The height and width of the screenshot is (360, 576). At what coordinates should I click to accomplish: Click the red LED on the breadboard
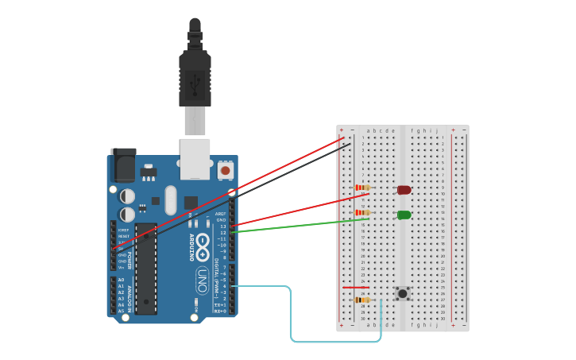[x=404, y=190]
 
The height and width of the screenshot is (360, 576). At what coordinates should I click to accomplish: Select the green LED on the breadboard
[x=404, y=215]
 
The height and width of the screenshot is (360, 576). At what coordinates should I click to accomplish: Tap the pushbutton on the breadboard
[x=403, y=293]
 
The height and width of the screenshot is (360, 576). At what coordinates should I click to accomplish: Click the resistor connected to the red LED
[x=362, y=188]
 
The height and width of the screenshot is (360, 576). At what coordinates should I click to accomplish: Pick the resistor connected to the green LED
[x=362, y=213]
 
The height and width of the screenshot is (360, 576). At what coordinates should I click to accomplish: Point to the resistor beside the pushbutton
[x=362, y=300]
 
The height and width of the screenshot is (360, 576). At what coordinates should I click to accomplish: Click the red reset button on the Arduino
[x=226, y=170]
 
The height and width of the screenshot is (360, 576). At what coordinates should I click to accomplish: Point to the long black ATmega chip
[x=145, y=273]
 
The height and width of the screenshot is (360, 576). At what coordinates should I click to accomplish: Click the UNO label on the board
[x=203, y=280]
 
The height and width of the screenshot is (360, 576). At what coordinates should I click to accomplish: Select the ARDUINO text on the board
[x=191, y=246]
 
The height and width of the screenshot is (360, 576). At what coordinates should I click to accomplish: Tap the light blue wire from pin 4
[x=291, y=318]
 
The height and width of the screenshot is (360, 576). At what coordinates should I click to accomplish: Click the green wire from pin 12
[x=294, y=226]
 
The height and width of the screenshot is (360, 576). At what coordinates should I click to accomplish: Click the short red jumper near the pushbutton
[x=355, y=288]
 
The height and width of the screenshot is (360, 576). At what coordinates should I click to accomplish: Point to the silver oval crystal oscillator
[x=171, y=200]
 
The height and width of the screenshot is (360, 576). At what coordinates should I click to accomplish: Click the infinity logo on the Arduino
[x=203, y=242]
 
